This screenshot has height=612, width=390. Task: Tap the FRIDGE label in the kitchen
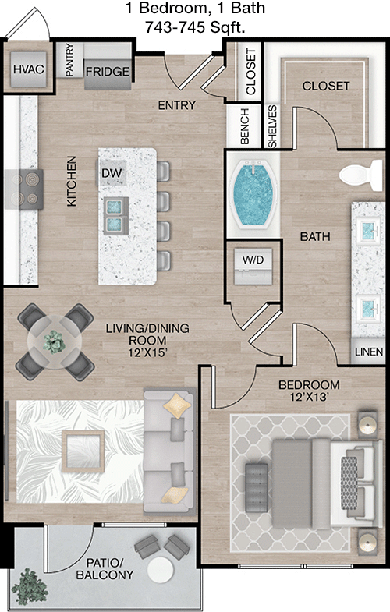coord(107,72)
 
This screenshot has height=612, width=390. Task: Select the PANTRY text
coord(69,60)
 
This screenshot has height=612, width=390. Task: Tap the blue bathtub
coord(252,195)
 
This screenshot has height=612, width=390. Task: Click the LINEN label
coord(369,352)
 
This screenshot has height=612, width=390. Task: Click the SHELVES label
coord(272,126)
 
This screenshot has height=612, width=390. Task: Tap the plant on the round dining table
coord(55,341)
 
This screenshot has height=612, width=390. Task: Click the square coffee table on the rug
coord(83,450)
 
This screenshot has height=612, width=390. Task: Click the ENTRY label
coord(176,105)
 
